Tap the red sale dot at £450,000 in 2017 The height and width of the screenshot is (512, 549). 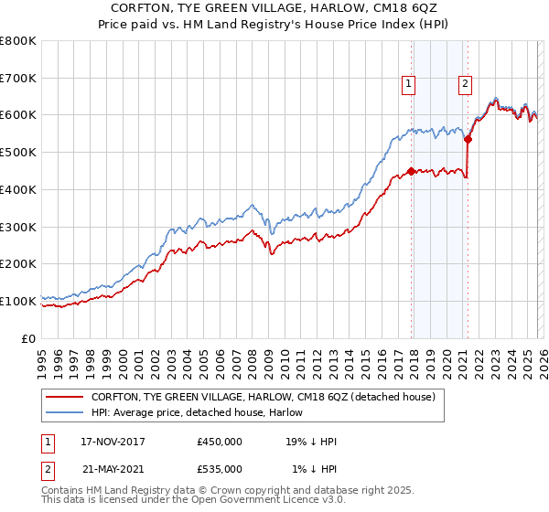(411, 170)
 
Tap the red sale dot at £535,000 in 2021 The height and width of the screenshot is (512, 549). (468, 140)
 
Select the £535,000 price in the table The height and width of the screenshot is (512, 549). (220, 468)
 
